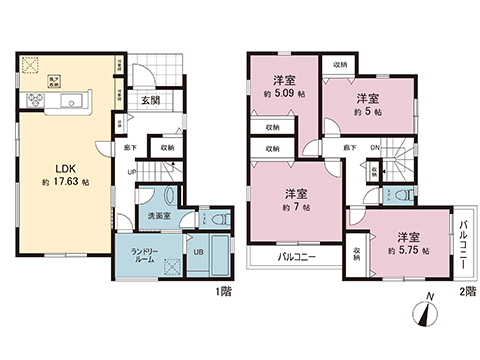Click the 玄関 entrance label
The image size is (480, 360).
151,99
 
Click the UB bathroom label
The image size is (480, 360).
198,251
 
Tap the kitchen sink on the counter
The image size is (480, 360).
72,104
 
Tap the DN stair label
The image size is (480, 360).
374,148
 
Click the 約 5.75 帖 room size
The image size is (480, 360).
410,252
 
